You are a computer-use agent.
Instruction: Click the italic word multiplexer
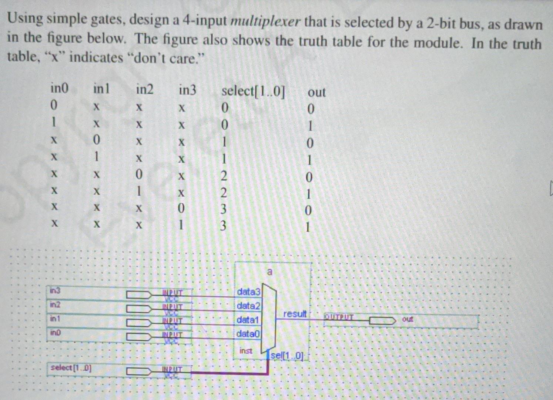tap(265, 22)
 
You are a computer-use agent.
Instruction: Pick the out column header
tap(316, 92)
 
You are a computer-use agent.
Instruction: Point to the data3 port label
tap(249, 292)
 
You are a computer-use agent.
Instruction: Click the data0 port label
tap(248, 334)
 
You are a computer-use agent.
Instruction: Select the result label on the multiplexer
tap(295, 314)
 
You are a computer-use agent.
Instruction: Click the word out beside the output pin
tap(408, 319)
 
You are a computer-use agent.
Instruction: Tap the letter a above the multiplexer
tap(269, 272)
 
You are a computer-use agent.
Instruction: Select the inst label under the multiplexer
tap(246, 351)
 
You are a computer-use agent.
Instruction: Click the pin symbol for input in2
tap(139, 309)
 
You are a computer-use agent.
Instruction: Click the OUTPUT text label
tap(339, 317)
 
